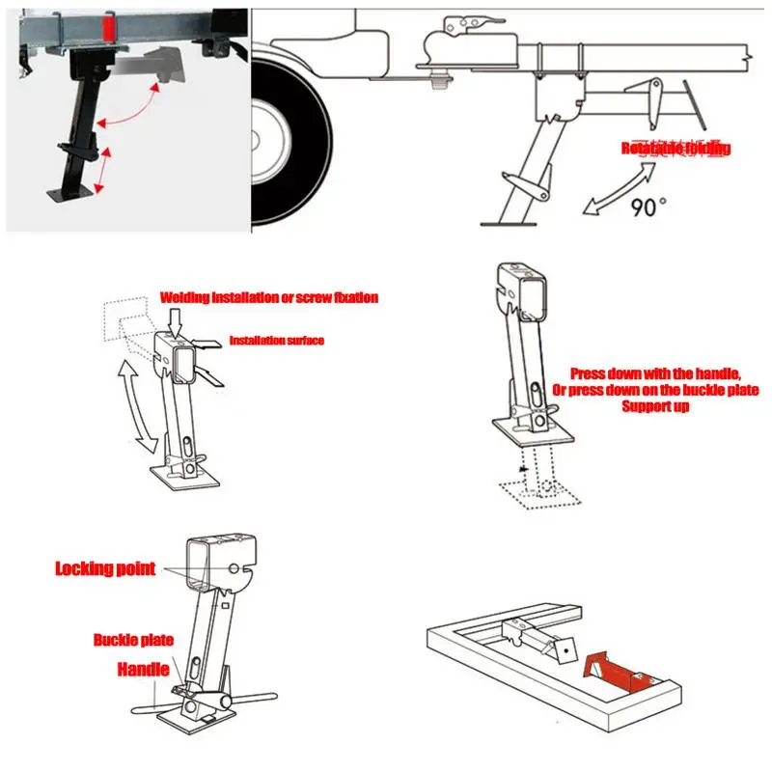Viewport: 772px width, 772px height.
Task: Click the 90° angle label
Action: click(648, 206)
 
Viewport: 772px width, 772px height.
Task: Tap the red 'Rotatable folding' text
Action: click(675, 149)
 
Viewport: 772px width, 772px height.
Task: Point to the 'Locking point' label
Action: click(105, 568)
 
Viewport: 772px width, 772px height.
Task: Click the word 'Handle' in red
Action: click(144, 668)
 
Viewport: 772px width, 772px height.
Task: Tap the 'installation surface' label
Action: click(275, 340)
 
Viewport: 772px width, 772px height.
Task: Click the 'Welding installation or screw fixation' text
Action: click(268, 298)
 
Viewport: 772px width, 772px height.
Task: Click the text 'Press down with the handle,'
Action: click(654, 372)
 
